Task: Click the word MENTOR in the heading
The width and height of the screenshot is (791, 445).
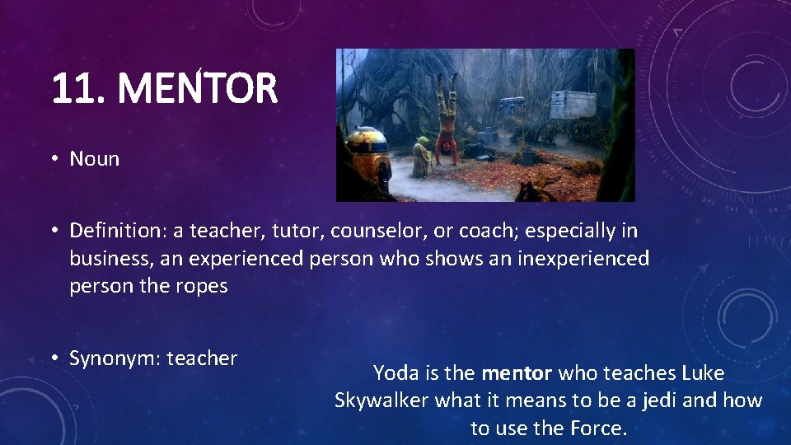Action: (x=198, y=89)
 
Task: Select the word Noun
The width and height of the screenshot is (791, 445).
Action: (x=95, y=159)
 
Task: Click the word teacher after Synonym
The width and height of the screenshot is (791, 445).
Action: (x=202, y=358)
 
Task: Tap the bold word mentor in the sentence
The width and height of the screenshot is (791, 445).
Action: (x=517, y=373)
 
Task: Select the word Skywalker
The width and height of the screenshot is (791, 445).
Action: (x=381, y=400)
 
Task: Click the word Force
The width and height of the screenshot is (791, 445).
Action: (x=599, y=429)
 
